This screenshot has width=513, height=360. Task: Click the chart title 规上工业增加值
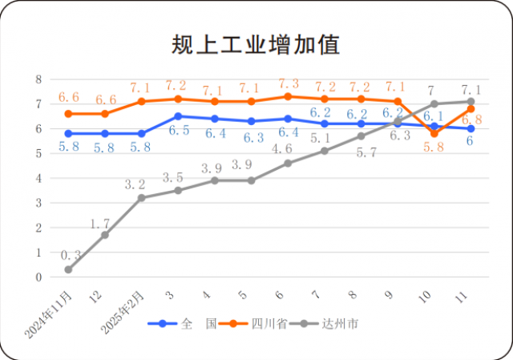(256, 45)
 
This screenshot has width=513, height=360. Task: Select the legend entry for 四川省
(264, 324)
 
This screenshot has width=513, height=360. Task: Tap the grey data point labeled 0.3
(69, 269)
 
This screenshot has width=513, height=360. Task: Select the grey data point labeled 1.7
(105, 235)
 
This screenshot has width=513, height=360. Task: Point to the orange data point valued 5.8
(434, 133)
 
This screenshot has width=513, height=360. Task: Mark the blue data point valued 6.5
(178, 116)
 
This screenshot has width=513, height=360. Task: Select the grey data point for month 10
(434, 103)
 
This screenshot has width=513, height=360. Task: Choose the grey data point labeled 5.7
(362, 136)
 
